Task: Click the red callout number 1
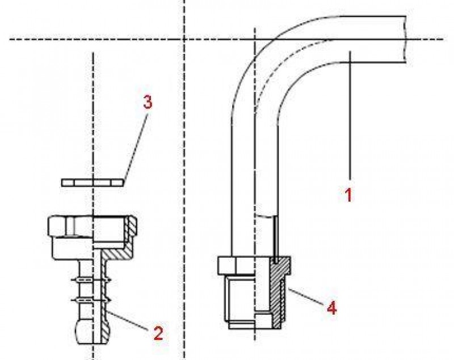349,194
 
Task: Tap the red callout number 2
158,333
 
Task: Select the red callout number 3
148,103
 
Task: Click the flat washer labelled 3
93,183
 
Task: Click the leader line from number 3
136,147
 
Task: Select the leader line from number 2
127,320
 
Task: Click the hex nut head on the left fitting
92,226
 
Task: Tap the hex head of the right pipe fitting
254,265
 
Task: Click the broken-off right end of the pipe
405,39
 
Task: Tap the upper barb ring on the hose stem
91,280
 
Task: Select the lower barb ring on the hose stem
91,299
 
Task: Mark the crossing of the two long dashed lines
184,39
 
